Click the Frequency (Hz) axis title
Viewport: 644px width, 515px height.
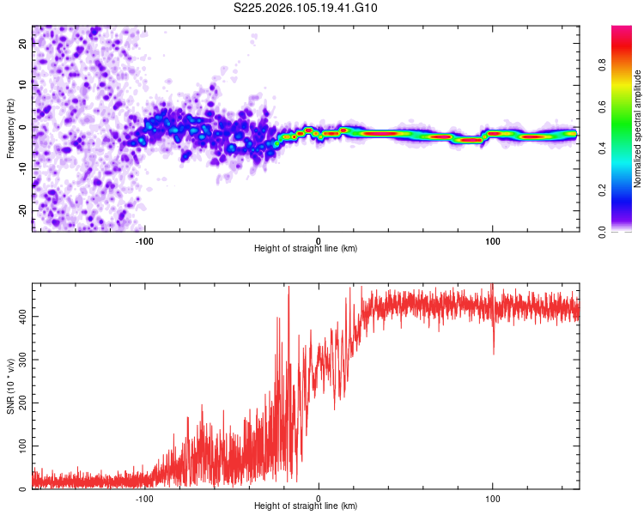pos(10,128)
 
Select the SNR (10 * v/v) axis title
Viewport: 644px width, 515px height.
pos(10,386)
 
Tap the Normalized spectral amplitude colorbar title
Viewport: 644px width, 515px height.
pos(637,129)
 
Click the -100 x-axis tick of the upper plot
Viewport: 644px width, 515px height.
pos(144,240)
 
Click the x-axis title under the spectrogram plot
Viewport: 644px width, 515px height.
pos(306,249)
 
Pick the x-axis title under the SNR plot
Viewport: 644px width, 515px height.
pos(306,506)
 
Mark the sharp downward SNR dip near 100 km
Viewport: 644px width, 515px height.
pos(494,350)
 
